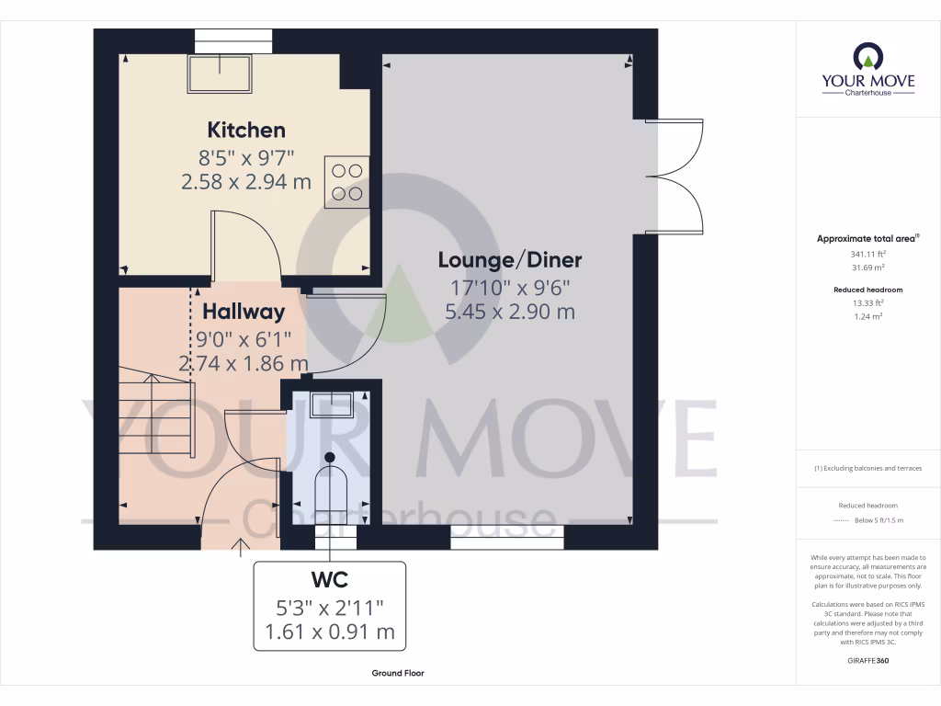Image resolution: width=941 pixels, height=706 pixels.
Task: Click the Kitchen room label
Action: pos(246,130)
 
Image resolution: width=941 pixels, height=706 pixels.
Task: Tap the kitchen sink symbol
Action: pos(221,74)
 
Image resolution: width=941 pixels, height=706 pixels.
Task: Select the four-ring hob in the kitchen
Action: pos(346,182)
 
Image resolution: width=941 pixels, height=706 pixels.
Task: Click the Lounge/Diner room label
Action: pos(509,260)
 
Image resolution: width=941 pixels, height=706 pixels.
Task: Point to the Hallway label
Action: pos(244,312)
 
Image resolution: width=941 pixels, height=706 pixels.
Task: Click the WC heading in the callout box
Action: pos(328,579)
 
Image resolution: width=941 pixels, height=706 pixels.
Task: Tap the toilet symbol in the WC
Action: pos(329,484)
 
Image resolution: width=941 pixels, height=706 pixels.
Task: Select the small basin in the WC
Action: pos(331,404)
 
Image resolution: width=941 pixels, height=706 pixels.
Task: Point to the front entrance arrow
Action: pos(243,548)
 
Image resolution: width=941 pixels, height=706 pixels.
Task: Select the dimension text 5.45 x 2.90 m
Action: pos(509,312)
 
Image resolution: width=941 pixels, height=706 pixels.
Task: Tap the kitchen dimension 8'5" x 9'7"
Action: pos(246,156)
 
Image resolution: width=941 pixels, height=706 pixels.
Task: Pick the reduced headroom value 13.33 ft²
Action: pos(867,302)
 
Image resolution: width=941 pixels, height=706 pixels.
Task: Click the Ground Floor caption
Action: pos(398,673)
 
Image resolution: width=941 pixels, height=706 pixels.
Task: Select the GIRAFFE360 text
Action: pos(867,661)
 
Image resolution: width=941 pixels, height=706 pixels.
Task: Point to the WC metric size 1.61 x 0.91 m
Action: pos(328,632)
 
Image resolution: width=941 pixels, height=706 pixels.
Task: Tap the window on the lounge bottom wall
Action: pos(506,538)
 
